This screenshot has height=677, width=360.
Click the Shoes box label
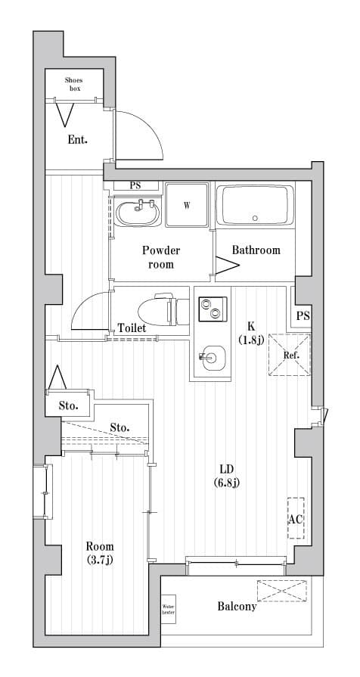coord(73,84)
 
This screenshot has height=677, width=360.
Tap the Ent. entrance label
coord(77,140)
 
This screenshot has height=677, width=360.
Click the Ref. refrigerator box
coord(291,354)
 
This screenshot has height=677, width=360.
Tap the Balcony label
coord(237,606)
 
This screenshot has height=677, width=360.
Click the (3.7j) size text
coord(99,560)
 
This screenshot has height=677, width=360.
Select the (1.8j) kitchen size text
coord(250,340)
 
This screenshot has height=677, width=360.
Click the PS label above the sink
coord(135,185)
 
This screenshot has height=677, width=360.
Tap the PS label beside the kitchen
coord(303,316)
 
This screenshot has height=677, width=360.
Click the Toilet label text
coord(132,328)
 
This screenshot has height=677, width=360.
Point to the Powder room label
coord(161,257)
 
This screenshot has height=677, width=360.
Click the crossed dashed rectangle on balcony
coord(282,590)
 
